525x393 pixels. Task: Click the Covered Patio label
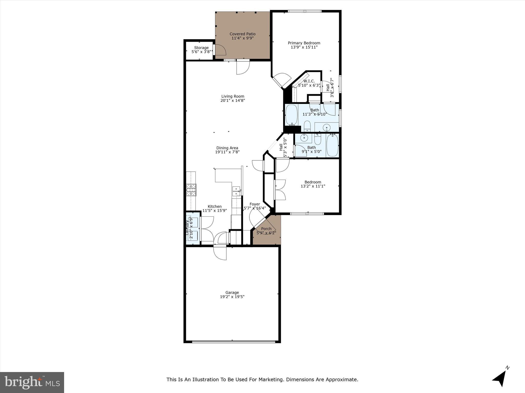click(x=242, y=34)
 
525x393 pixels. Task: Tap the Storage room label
click(x=201, y=48)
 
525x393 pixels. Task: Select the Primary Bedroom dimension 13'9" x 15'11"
click(x=304, y=47)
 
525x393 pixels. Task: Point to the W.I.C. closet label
click(x=309, y=81)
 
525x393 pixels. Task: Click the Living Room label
click(x=233, y=96)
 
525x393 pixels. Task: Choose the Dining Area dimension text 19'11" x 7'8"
click(x=227, y=152)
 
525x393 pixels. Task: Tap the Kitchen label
click(x=215, y=206)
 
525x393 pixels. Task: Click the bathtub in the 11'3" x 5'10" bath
click(x=291, y=114)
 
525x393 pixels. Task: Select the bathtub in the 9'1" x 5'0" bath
click(x=332, y=145)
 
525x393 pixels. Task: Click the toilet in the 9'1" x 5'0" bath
click(x=318, y=139)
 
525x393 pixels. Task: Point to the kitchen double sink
click(x=236, y=191)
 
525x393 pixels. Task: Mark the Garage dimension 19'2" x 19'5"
click(x=232, y=297)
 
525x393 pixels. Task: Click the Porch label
click(x=266, y=229)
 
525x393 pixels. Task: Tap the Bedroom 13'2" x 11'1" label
click(x=313, y=182)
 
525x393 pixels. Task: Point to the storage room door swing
click(x=220, y=50)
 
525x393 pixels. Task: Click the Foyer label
click(x=255, y=204)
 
